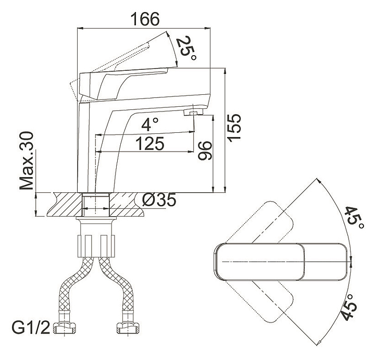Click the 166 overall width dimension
[145, 19]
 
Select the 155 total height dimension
[234, 128]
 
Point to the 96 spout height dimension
[205, 151]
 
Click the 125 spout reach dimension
[150, 143]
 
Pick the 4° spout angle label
[150, 125]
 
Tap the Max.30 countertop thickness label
[27, 160]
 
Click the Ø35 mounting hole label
[159, 200]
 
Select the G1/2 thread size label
[31, 328]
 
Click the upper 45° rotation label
[355, 218]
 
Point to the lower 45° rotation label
[349, 308]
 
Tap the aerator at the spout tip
[193, 112]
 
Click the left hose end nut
[64, 328]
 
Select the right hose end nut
[128, 328]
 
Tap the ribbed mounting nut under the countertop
[96, 246]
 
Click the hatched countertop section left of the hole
[65, 204]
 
